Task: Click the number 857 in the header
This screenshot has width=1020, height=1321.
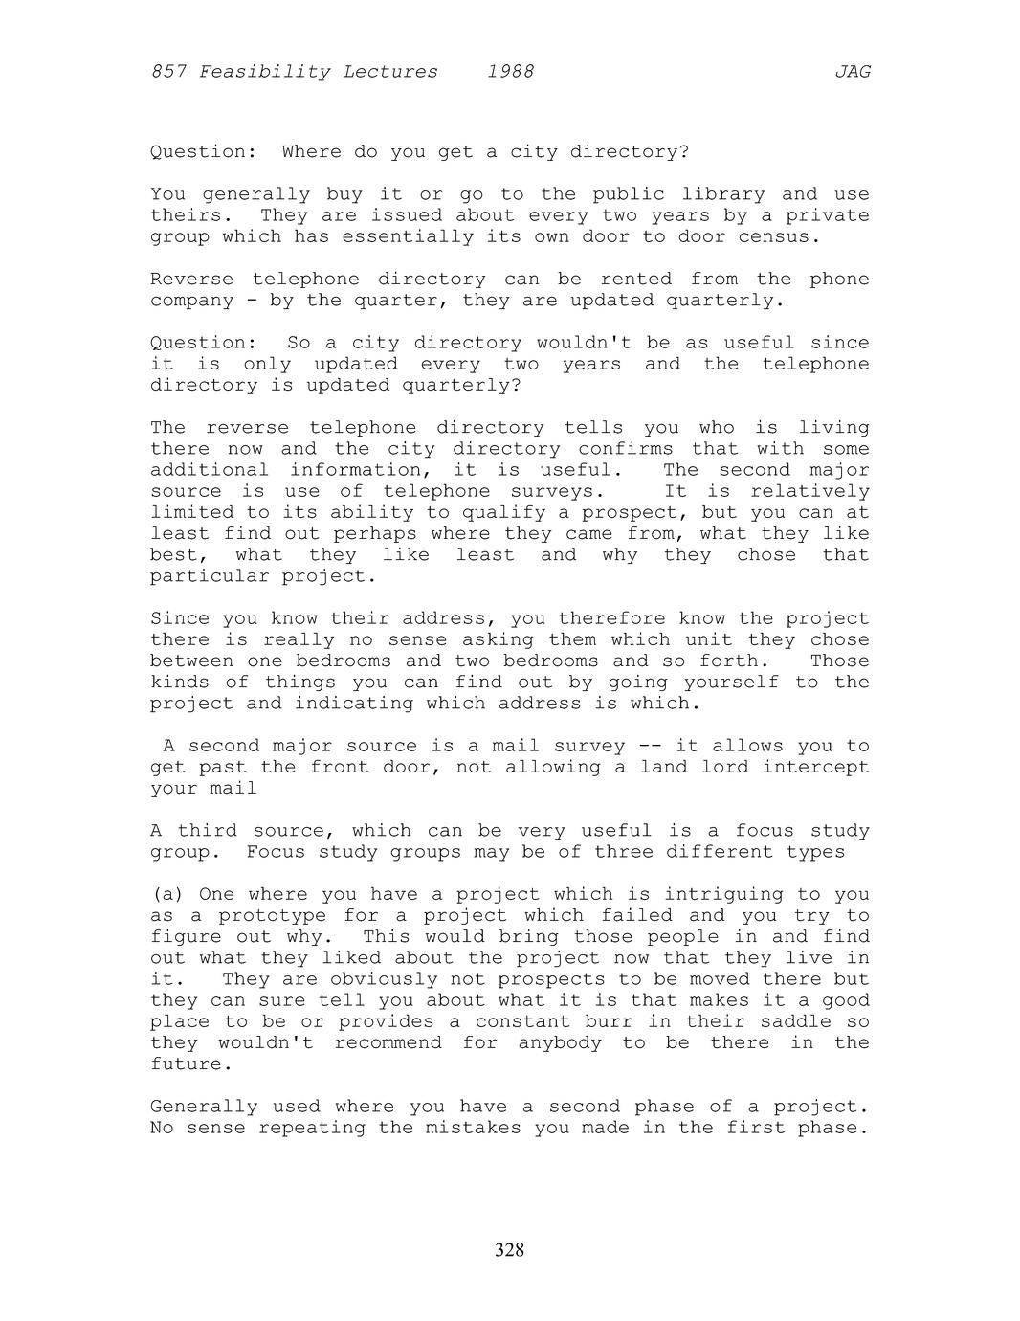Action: [x=168, y=72]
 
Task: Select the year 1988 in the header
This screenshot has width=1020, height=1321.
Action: [x=510, y=72]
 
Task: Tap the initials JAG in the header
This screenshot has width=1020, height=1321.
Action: [x=852, y=72]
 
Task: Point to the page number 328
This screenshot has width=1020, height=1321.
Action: [x=509, y=1249]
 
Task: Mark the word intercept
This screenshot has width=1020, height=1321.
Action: [x=815, y=768]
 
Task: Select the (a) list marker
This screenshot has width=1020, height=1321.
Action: [x=167, y=895]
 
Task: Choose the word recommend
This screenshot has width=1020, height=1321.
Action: [x=388, y=1043]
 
